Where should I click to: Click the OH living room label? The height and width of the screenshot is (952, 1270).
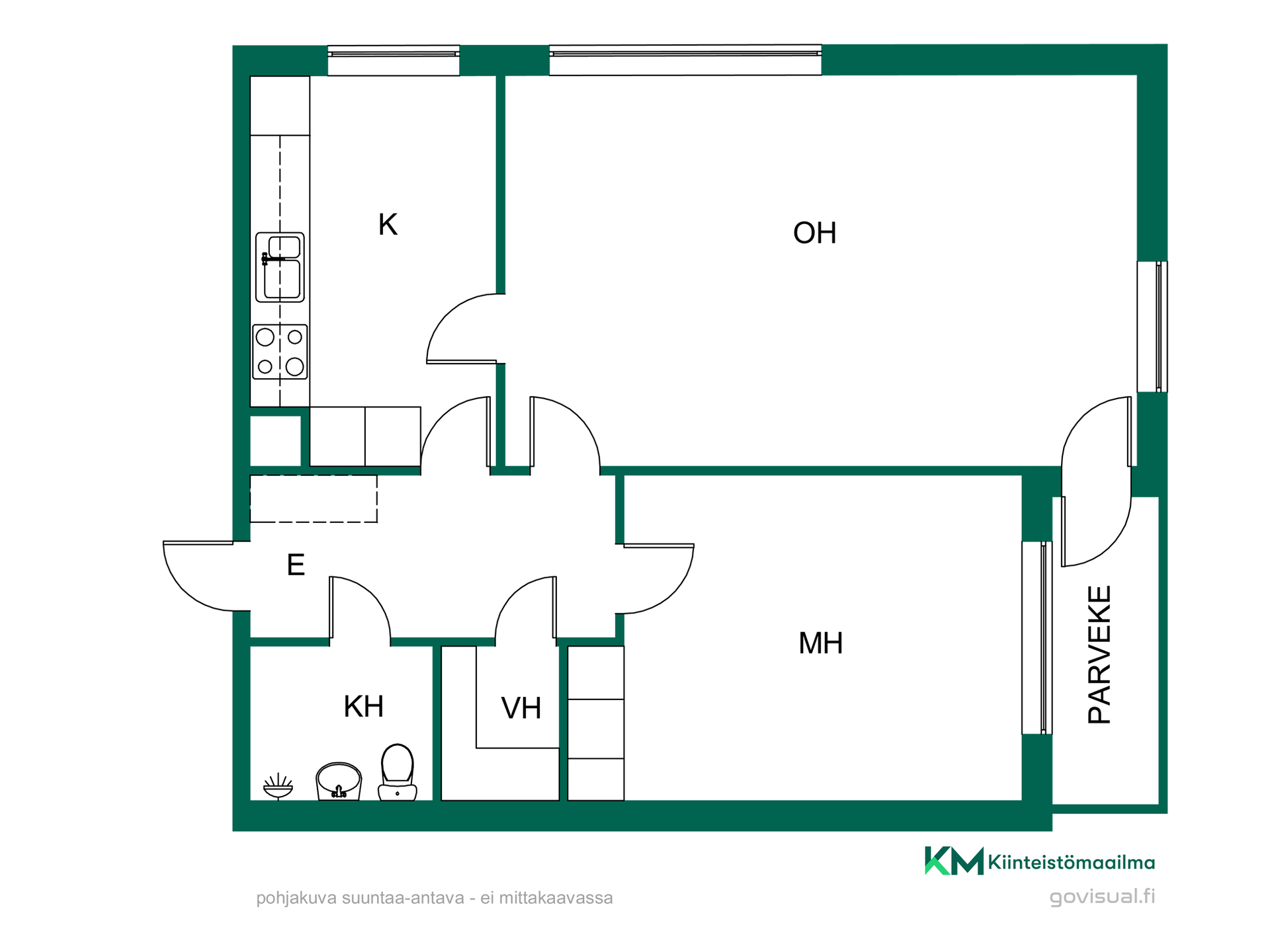814,233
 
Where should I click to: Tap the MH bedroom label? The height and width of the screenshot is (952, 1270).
820,643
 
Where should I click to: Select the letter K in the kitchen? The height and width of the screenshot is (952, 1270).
388,225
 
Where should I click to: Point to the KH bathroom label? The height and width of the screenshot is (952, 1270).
363,707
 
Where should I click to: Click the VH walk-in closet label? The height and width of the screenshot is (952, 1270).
521,709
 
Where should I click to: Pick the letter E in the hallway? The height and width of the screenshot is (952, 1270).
296,565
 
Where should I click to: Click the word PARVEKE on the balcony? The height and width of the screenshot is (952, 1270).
1099,654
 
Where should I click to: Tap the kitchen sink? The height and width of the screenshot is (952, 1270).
280,267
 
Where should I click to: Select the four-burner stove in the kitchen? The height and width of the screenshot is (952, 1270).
280,352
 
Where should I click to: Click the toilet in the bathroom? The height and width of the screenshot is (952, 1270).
397,772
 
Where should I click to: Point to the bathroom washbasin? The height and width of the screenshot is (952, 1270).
339,781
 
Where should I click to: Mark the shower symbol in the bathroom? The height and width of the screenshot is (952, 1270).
278,785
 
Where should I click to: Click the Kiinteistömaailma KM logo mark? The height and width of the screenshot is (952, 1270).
954,861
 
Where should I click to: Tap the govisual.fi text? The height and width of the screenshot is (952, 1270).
1102,896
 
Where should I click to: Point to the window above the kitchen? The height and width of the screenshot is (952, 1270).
394,60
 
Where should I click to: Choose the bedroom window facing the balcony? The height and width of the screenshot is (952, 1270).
1037,637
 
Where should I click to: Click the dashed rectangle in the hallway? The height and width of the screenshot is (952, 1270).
314,499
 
